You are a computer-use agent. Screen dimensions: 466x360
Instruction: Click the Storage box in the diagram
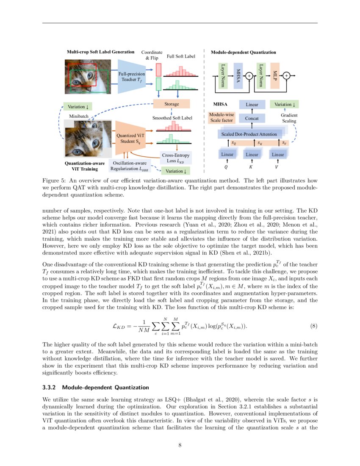pos(172,104)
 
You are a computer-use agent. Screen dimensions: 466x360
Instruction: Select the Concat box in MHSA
pos(252,118)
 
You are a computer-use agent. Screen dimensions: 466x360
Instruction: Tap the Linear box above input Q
pos(227,155)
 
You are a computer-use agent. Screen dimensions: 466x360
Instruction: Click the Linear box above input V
pos(278,155)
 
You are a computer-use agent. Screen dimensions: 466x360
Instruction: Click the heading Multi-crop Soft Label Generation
pos(100,52)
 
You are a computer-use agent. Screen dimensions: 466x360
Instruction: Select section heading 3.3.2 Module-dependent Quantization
pos(96,387)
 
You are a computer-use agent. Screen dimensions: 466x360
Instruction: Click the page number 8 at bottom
pos(180,445)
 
